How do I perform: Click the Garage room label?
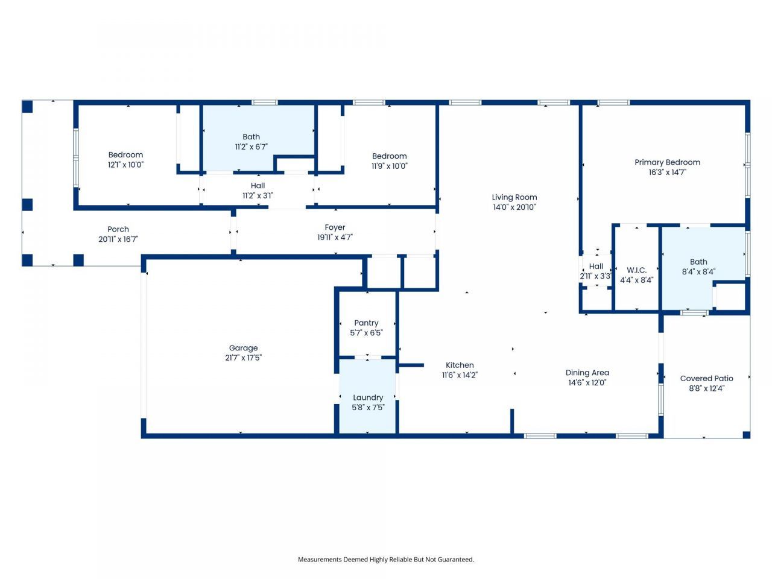[x=243, y=348]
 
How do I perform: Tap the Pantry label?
[x=366, y=323]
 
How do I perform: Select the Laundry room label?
[x=368, y=397]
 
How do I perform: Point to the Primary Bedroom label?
[x=667, y=162]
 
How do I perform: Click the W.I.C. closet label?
[x=636, y=270]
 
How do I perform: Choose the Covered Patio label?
[x=706, y=378]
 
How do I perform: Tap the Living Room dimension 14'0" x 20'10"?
[x=514, y=207]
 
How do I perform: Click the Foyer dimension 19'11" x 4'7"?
[x=335, y=238]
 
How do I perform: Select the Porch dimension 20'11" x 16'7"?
[x=118, y=239]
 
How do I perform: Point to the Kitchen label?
[x=460, y=365]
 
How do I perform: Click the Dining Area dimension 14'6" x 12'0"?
[x=587, y=382]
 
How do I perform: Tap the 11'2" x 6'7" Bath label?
[x=251, y=137]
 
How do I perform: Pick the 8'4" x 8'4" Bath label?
[x=698, y=262]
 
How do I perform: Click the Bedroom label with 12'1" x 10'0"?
[x=125, y=155]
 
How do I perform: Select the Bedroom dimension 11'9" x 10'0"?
[x=389, y=166]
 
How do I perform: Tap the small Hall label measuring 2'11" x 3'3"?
[x=596, y=266]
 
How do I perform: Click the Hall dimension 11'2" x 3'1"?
[x=258, y=195]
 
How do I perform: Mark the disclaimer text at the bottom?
[x=386, y=559]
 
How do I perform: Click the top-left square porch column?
[x=27, y=107]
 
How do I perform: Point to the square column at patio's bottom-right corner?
[x=746, y=434]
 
